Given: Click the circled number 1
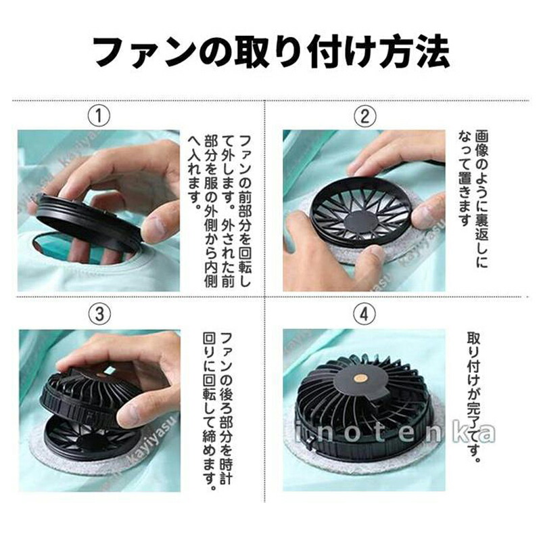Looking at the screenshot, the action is point(99,116).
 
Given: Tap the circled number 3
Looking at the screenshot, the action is point(99,314).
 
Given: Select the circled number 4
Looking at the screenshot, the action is point(364,314).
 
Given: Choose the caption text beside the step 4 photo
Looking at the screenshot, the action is point(474,397).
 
